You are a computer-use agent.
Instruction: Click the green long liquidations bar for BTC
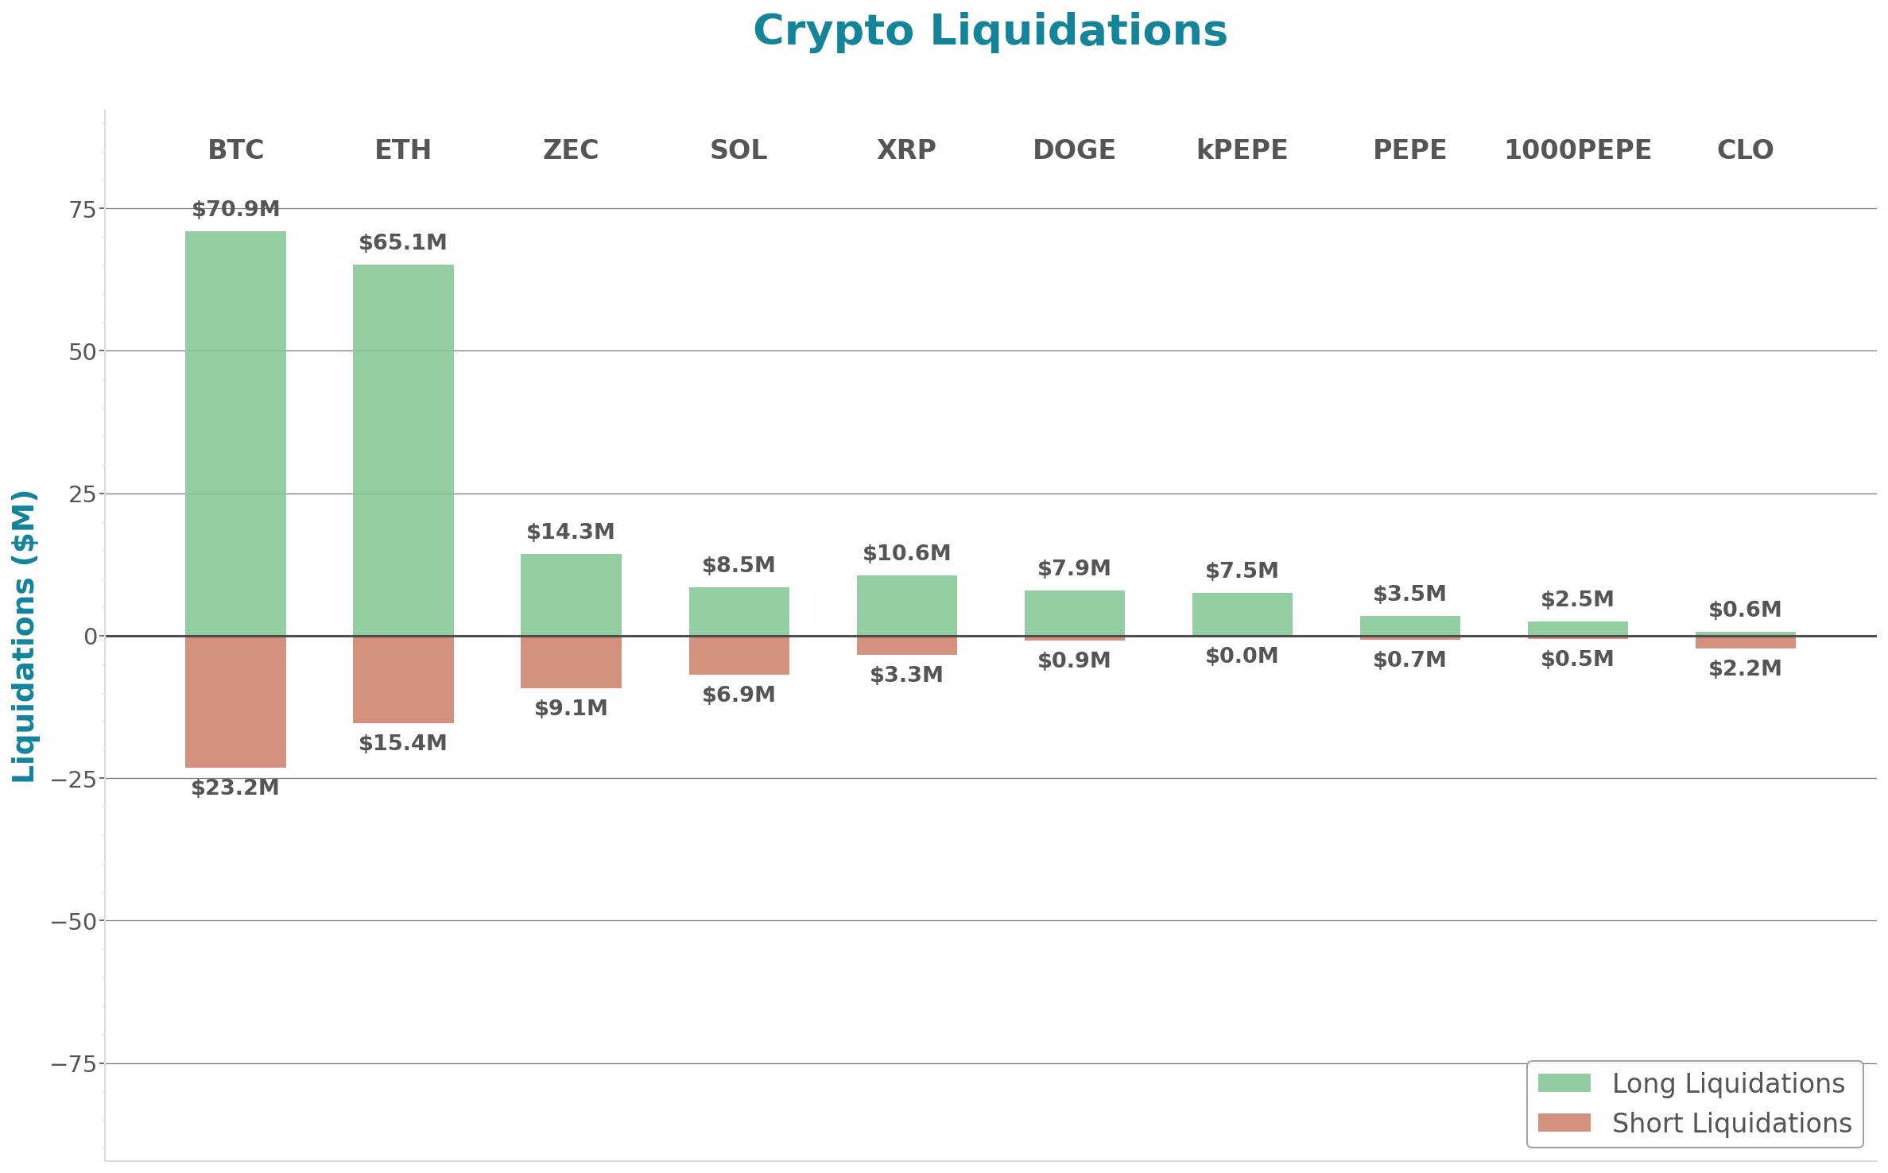point(235,433)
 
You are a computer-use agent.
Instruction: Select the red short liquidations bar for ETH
point(403,679)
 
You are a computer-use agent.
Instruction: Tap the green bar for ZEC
point(571,594)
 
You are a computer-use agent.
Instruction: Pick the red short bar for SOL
point(739,656)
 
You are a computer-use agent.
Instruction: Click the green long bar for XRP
point(906,605)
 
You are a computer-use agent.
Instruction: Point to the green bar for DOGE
point(1074,612)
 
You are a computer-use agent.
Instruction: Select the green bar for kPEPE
point(1242,614)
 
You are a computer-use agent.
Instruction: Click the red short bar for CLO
point(1745,643)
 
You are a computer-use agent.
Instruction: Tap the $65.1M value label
point(403,242)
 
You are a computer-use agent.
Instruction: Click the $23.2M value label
point(235,788)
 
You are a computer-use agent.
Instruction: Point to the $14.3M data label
point(571,532)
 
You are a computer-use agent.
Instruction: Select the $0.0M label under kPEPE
point(1242,656)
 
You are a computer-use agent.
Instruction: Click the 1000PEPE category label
point(1577,149)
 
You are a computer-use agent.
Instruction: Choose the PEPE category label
point(1409,149)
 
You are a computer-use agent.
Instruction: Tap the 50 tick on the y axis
point(82,351)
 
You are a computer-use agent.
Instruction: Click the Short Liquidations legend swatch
point(1564,1123)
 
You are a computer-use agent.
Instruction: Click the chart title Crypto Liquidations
point(990,31)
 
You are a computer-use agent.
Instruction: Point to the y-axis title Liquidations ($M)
point(24,636)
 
